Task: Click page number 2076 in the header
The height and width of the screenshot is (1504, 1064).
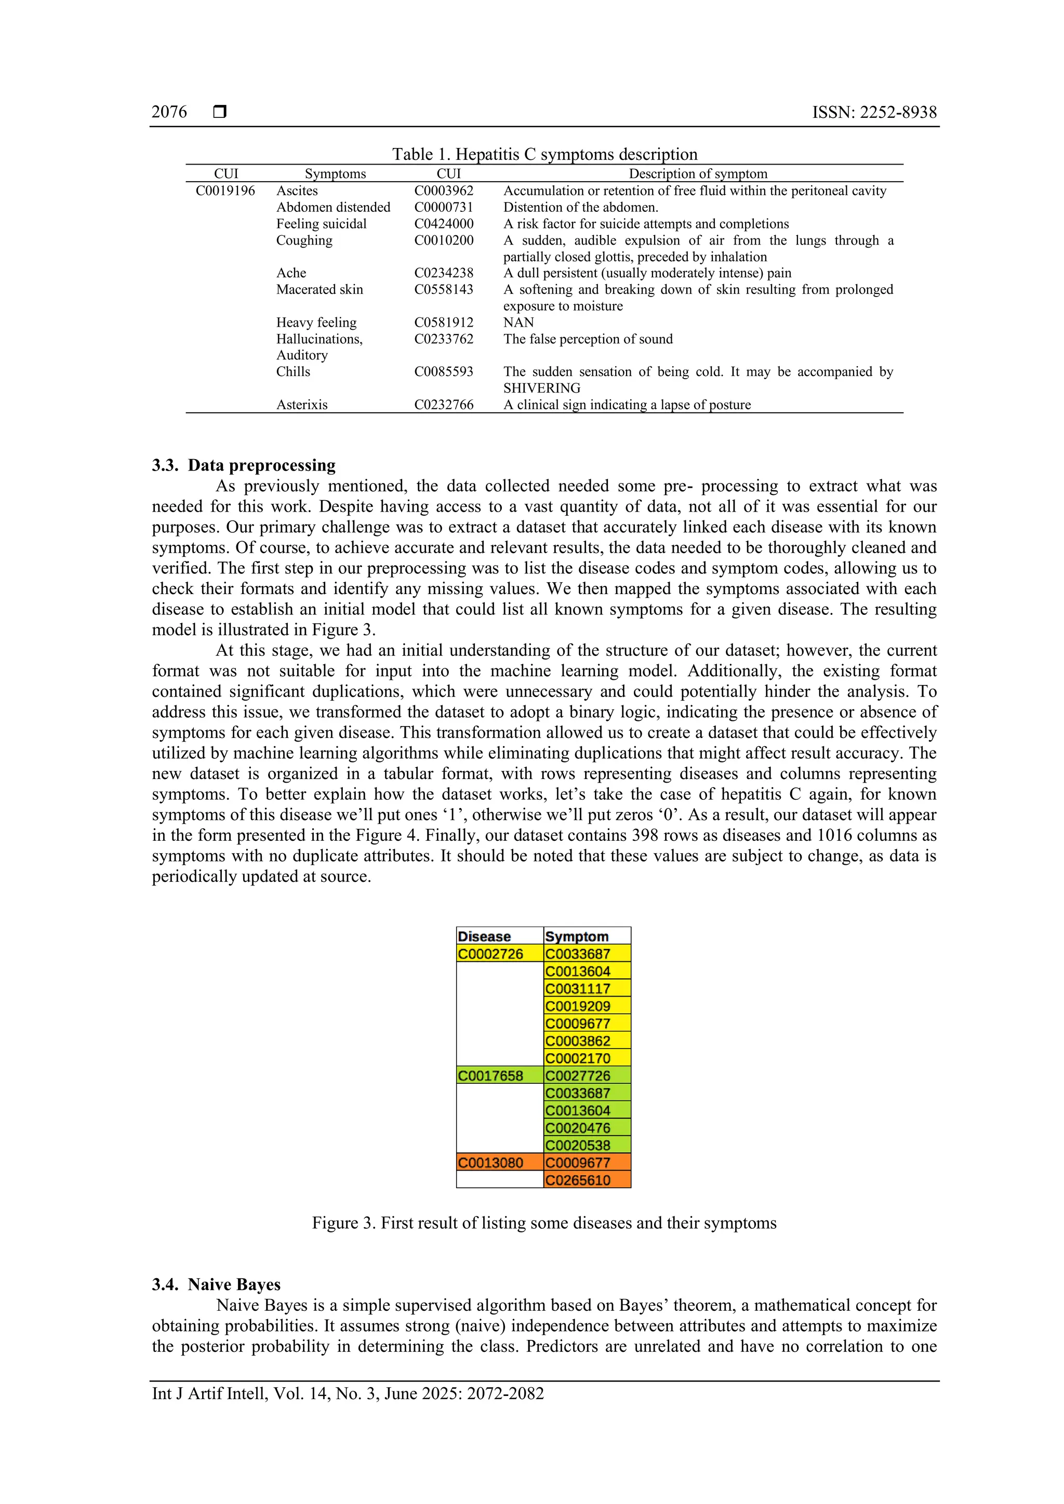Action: pos(169,113)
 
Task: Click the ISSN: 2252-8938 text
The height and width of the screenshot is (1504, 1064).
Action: pos(874,113)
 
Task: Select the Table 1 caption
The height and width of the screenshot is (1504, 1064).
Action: pos(544,155)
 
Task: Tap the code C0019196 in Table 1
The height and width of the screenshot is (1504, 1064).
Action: pos(225,191)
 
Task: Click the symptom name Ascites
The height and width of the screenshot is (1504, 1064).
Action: pos(297,191)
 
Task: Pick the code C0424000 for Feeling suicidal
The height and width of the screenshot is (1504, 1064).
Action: pos(444,223)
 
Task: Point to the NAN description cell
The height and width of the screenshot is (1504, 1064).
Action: pos(518,323)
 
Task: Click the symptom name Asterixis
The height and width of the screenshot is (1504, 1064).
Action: pos(301,404)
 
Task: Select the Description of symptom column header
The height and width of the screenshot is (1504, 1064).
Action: pos(698,173)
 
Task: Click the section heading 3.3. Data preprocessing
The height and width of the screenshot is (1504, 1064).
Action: pos(244,465)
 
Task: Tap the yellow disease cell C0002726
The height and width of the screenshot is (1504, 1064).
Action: pos(491,954)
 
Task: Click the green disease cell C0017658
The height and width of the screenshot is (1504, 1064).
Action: pos(491,1076)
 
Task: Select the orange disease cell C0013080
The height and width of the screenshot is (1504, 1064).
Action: pos(491,1163)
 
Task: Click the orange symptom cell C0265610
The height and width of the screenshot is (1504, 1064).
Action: pos(578,1180)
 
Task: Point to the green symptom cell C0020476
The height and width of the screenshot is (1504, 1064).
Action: pos(578,1128)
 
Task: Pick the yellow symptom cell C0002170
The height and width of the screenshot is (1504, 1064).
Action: pos(578,1058)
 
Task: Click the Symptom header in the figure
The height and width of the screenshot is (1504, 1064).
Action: pos(577,936)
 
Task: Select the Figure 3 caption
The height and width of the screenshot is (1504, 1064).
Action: pos(544,1223)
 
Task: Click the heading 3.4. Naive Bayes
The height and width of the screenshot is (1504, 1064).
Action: pos(216,1284)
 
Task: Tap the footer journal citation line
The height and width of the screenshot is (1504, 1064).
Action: pos(348,1393)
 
